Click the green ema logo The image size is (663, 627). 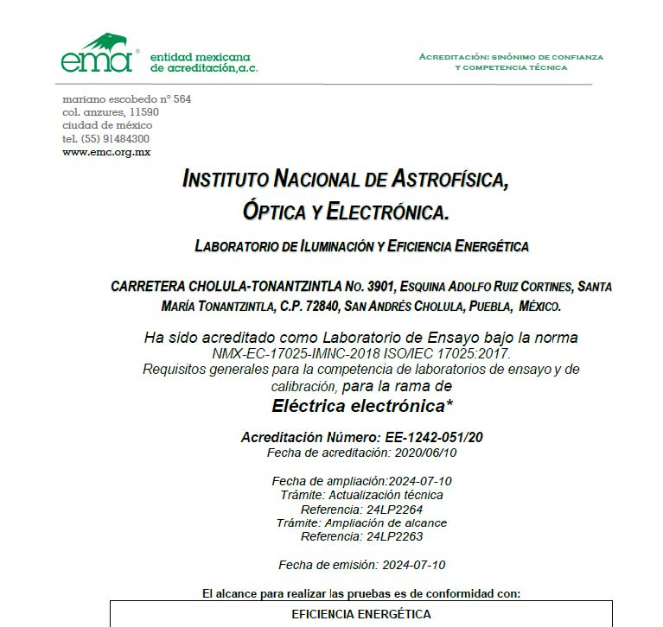96,54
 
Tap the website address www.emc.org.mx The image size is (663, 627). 106,151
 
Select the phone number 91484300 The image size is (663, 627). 128,138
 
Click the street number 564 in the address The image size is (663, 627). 182,99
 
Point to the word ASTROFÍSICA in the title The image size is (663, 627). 448,180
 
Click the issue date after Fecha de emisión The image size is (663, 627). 413,565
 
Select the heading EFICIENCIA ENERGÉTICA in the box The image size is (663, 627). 361,615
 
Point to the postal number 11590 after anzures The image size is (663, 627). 143,112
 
